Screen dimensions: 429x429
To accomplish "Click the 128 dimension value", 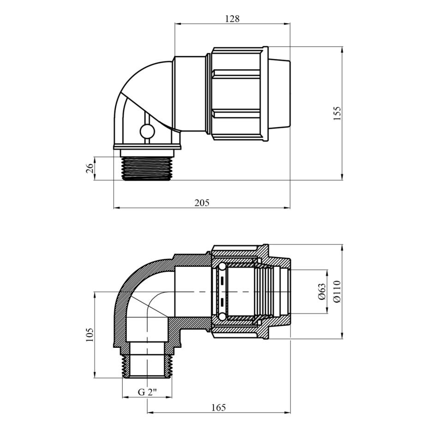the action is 232,18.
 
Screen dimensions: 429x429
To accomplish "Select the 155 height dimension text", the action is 338,113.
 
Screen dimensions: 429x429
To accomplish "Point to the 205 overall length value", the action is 202,203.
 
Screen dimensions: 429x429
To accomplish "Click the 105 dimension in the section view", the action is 90,334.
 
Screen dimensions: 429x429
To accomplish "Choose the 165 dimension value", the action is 219,407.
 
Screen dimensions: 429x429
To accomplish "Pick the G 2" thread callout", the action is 147,392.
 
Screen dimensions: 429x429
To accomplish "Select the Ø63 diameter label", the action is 322,292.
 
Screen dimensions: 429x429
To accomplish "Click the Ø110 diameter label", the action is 337,292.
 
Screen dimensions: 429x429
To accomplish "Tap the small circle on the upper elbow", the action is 147,131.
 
